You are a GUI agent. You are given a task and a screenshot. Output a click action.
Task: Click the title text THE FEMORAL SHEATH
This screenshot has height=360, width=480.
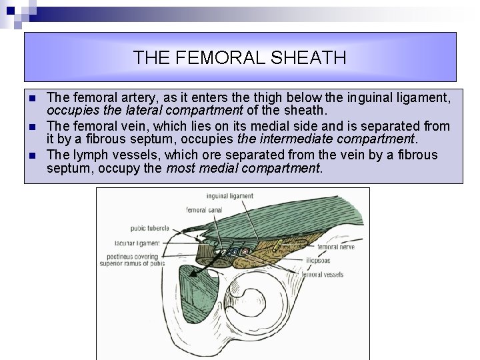(239, 57)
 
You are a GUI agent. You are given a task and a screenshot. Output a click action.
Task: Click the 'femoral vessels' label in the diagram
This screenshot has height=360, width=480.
(323, 274)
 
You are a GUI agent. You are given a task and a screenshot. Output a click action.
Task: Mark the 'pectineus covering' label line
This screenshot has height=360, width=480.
(138, 256)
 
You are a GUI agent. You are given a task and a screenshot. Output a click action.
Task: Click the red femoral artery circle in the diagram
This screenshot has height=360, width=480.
(244, 252)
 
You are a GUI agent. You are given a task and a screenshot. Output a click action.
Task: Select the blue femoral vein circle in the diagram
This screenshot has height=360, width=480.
(233, 252)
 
